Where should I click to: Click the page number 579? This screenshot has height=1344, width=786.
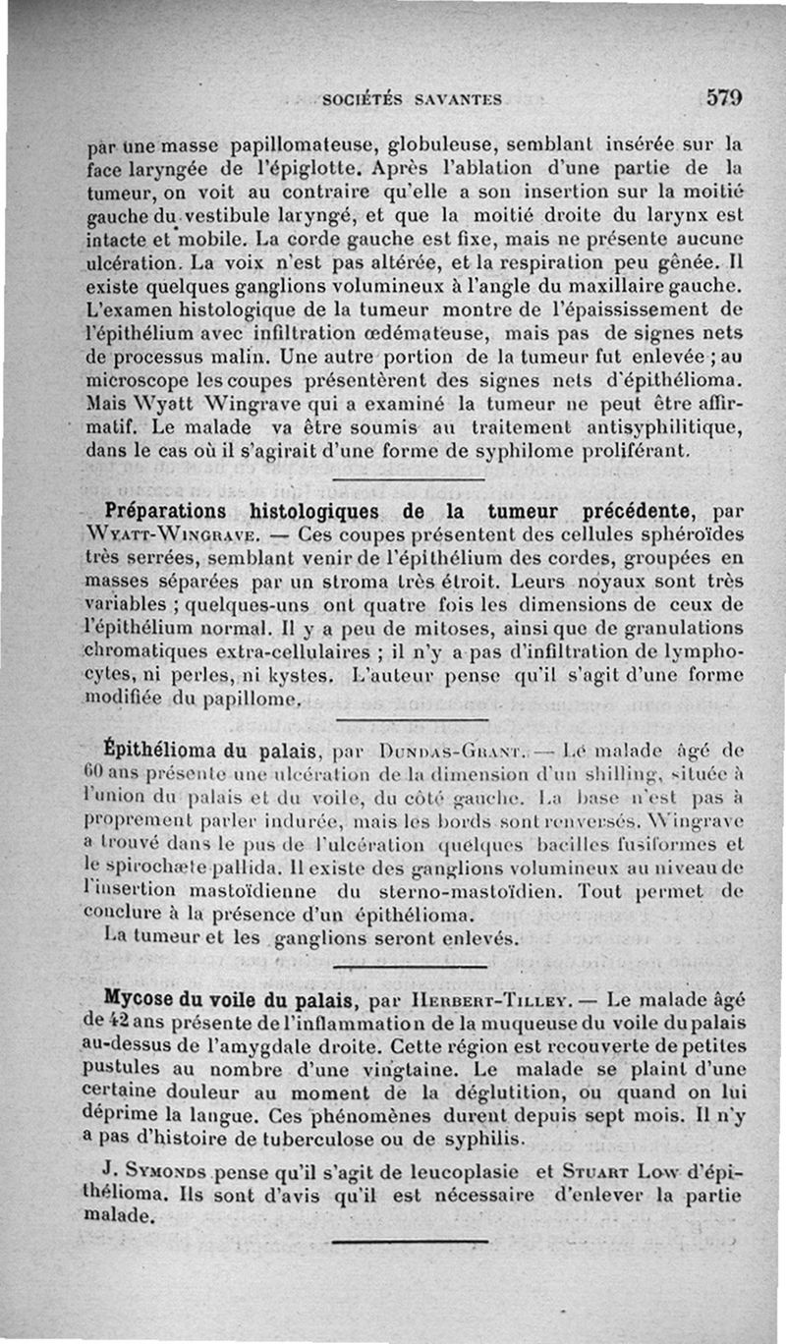click(x=722, y=97)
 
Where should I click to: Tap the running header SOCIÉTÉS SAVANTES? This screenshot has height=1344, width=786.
click(x=413, y=99)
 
